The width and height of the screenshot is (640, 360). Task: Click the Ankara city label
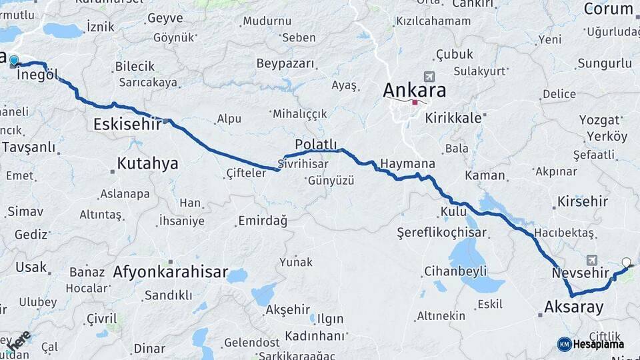(x=414, y=89)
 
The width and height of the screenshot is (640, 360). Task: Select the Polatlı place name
(x=316, y=144)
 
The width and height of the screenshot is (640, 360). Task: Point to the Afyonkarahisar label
(x=171, y=273)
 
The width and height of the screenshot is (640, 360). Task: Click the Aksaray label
(x=574, y=307)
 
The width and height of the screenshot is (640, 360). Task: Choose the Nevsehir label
(x=581, y=273)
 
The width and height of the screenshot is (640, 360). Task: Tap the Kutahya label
(x=147, y=163)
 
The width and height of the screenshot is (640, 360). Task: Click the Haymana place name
(x=407, y=164)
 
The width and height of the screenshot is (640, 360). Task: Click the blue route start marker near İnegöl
(x=14, y=61)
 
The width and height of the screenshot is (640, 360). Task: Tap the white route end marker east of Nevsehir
(x=626, y=263)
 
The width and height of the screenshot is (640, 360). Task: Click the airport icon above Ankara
(x=428, y=77)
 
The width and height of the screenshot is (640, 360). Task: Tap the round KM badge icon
(x=565, y=344)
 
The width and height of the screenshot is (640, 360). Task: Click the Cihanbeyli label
(x=455, y=271)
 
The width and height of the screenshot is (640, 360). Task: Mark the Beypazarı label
(x=285, y=64)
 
